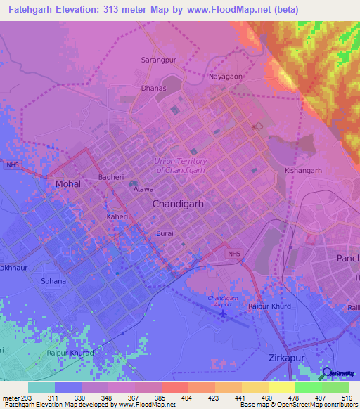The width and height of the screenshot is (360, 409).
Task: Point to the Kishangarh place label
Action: pos(303,170)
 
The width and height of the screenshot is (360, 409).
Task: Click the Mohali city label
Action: pos(69,184)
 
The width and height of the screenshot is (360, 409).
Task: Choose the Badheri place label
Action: pos(111,177)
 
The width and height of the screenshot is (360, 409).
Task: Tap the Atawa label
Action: pos(143,189)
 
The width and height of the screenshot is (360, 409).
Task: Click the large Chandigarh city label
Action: pos(178,203)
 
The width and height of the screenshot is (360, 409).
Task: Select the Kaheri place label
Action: pos(117,218)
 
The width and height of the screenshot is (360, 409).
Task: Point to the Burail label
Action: pos(165,233)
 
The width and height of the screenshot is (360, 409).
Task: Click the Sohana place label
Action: pos(53,281)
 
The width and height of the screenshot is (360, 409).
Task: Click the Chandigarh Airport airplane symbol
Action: pos(223,313)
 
